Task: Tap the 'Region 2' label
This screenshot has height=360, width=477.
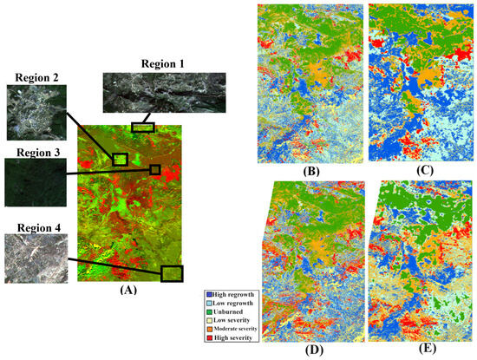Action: tap(32, 77)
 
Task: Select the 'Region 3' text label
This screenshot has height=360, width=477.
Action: tap(32, 153)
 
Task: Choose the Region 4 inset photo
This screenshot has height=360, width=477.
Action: tap(33, 259)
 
